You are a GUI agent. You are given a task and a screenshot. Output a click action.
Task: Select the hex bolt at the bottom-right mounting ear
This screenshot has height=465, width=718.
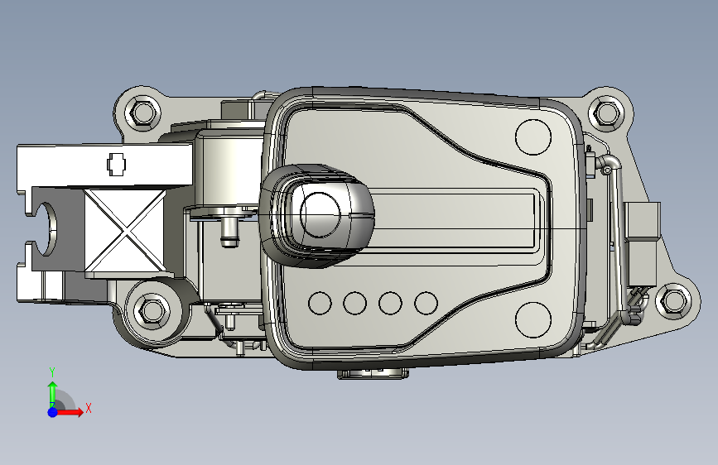click(673, 300)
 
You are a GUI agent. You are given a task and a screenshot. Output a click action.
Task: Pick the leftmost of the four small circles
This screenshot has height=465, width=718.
click(320, 303)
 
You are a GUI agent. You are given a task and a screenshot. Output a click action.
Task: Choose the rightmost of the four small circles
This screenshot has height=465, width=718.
click(426, 303)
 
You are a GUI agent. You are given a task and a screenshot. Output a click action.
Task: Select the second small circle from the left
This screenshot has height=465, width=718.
click(355, 303)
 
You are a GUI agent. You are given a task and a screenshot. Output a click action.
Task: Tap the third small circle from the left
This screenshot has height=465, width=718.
click(390, 303)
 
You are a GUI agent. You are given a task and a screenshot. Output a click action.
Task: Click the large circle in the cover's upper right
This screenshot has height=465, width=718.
click(533, 137)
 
